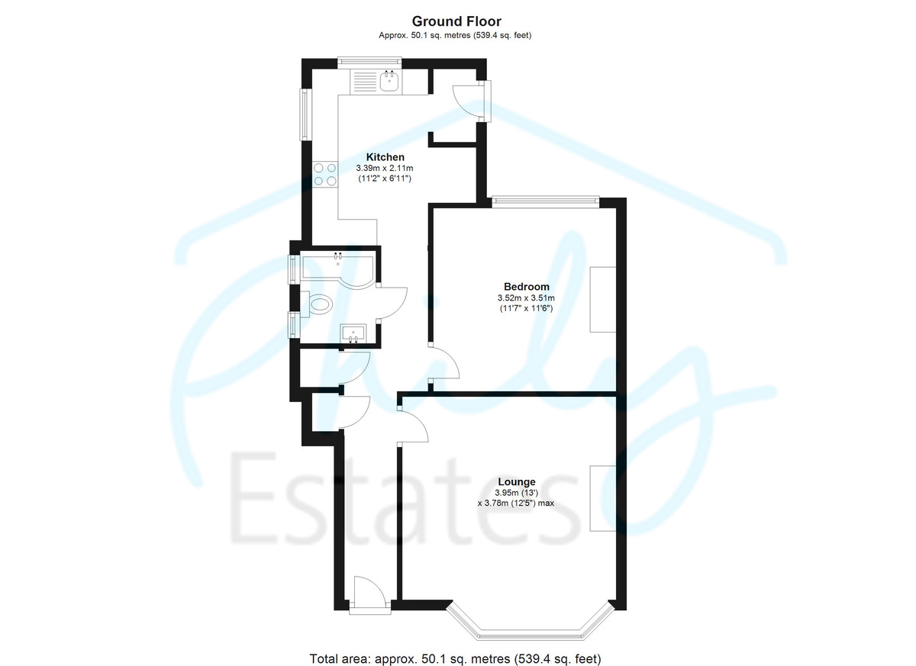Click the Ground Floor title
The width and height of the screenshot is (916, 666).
pyautogui.click(x=456, y=21)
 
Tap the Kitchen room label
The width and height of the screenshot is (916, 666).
pyautogui.click(x=385, y=157)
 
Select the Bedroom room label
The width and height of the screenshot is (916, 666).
pyautogui.click(x=526, y=286)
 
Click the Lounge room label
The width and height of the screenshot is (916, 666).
pyautogui.click(x=517, y=481)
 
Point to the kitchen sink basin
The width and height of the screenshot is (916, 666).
pyautogui.click(x=389, y=81)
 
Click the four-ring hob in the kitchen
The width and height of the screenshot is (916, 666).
pyautogui.click(x=325, y=174)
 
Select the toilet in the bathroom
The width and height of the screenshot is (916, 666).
pyautogui.click(x=317, y=304)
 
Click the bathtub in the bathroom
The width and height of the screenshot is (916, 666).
pyautogui.click(x=337, y=271)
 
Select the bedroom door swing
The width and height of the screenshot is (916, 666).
pyautogui.click(x=446, y=363)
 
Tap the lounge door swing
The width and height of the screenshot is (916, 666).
pyautogui.click(x=414, y=426)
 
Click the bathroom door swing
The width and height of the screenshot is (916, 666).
pyautogui.click(x=392, y=303)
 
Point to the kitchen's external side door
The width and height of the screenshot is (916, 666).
pyautogui.click(x=469, y=101)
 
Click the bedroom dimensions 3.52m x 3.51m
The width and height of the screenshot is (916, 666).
pyautogui.click(x=526, y=298)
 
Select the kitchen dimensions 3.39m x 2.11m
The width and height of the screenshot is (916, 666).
pyautogui.click(x=385, y=168)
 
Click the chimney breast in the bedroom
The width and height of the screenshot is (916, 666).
pyautogui.click(x=603, y=299)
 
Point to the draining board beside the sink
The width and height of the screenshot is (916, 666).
pyautogui.click(x=363, y=81)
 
